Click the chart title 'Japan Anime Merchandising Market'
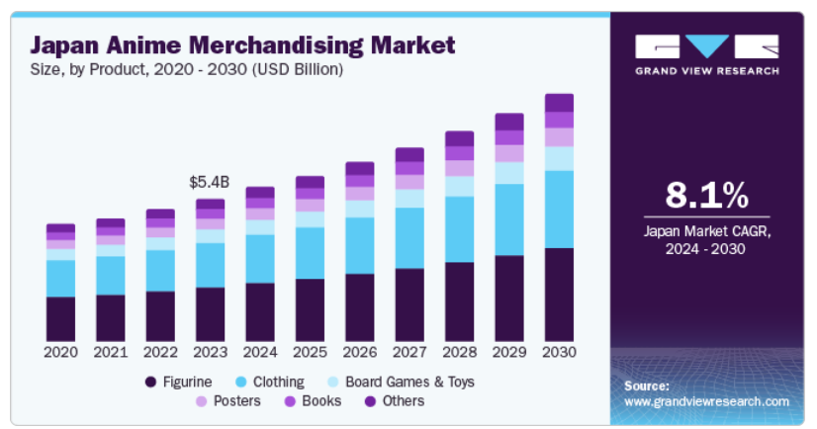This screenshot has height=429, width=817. [242, 45]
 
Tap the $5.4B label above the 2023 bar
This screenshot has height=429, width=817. [210, 183]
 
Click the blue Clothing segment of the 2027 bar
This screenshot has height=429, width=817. [409, 237]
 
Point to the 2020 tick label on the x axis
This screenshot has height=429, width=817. [60, 351]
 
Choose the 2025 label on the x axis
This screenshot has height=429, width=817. [310, 351]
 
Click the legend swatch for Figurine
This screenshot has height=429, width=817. [150, 382]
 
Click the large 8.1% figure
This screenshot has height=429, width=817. [705, 196]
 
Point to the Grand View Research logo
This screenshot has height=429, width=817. [706, 55]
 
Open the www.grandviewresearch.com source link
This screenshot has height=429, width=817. [706, 401]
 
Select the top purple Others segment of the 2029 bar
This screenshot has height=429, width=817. [509, 122]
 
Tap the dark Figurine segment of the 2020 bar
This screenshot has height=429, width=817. [60, 317]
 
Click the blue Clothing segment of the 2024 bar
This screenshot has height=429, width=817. [260, 258]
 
